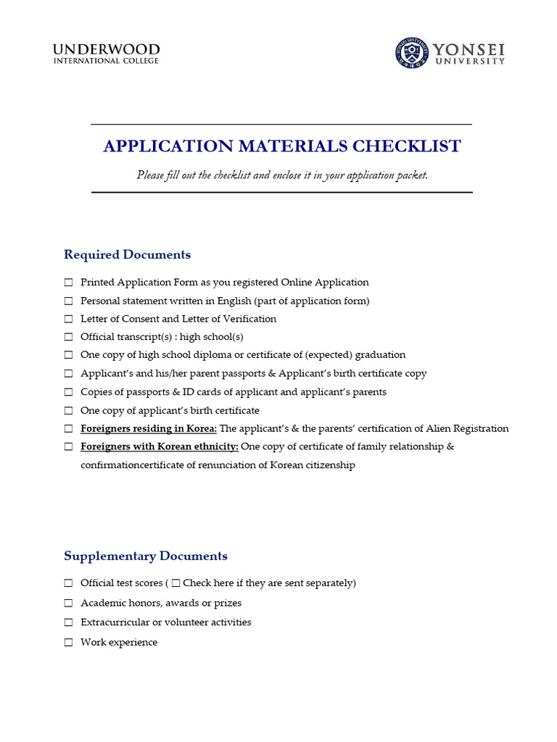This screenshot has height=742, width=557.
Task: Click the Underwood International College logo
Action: pos(106,54)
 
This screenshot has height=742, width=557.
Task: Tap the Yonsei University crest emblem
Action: pos(411,54)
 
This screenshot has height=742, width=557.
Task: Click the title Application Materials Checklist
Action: pos(281,146)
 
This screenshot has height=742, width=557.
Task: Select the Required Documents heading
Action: pos(127,255)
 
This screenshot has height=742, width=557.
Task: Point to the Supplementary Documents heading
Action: pos(145,556)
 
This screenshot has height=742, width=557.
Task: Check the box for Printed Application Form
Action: pos(68,283)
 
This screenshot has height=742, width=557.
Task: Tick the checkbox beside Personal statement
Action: pos(68,301)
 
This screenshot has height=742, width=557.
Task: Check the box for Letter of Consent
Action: pos(68,319)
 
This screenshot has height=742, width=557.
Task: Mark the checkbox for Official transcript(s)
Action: pos(68,337)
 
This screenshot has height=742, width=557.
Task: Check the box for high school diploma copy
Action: pos(68,355)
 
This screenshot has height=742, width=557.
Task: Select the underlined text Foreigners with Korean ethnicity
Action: pos(159,447)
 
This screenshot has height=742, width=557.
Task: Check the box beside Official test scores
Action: pos(68,583)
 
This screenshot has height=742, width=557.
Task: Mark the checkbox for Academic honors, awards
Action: pos(68,603)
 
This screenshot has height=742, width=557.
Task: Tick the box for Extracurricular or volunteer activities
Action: pos(68,622)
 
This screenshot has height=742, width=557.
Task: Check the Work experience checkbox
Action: pos(68,643)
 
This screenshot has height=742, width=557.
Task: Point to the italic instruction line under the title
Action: pos(281,175)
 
